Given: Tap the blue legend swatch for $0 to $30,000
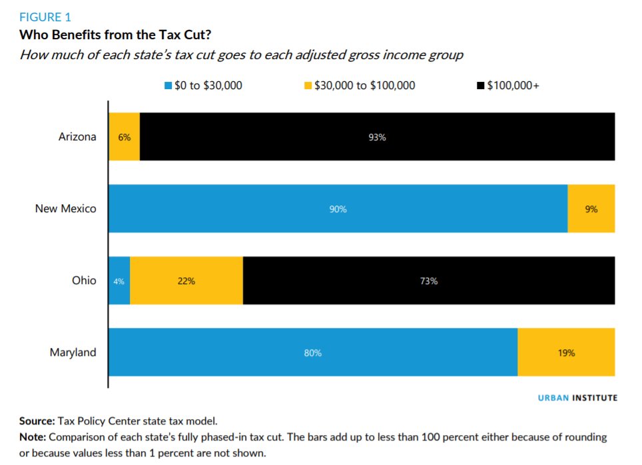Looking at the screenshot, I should [168, 86].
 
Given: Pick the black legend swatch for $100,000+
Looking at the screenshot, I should [480, 86].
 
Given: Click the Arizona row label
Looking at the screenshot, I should [77, 137].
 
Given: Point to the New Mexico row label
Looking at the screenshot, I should [66, 209].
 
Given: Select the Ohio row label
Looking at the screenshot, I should [84, 281].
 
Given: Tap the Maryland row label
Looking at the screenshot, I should [73, 353].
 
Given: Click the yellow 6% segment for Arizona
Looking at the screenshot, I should [125, 137].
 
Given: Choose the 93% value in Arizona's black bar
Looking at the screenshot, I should [377, 137].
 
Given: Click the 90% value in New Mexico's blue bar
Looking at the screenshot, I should [338, 209].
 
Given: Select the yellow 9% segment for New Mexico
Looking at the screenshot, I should [591, 209].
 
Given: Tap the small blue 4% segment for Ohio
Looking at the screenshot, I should [119, 281].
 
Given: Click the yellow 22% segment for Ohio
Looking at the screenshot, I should [186, 281].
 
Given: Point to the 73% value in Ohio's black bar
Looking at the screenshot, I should [429, 281].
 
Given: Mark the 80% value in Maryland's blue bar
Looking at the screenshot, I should [312, 353].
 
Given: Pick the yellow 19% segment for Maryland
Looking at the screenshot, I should [567, 353].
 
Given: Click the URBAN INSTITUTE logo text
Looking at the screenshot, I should [577, 398].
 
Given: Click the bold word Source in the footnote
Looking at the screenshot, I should [37, 421].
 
